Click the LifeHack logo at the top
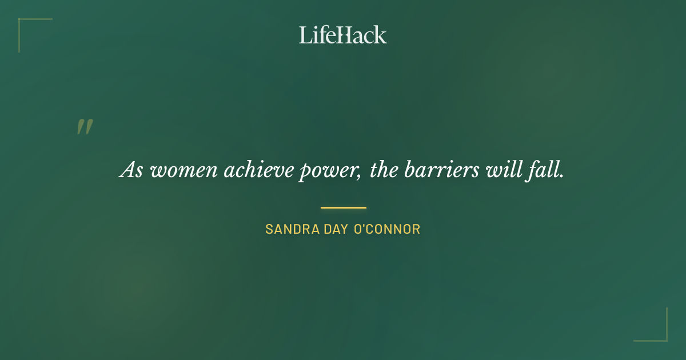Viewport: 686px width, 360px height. [x=342, y=35]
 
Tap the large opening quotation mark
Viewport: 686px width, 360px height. [x=85, y=127]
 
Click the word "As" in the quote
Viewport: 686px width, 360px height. [x=131, y=171]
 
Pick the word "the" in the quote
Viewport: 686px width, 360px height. [x=383, y=171]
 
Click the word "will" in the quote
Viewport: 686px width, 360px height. [x=501, y=171]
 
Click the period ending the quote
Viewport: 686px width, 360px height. [x=561, y=177]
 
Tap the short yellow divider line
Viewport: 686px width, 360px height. [x=343, y=207]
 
